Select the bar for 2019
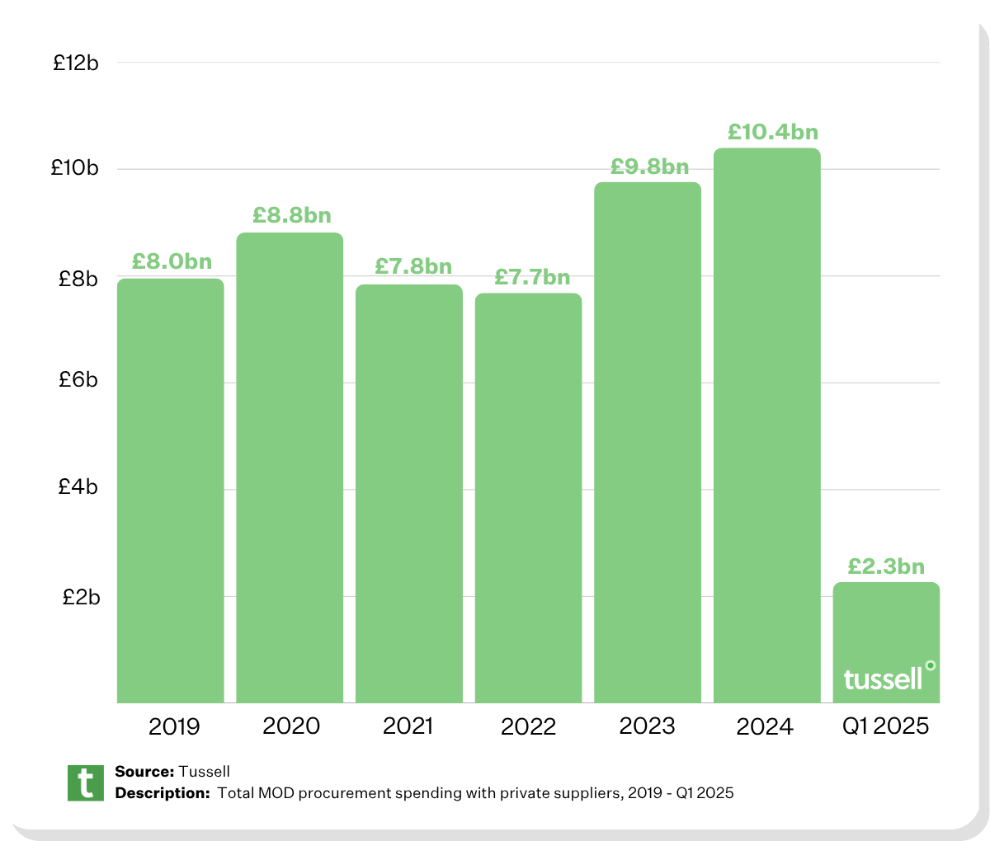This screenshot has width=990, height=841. click(x=171, y=491)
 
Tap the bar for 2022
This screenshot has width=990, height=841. click(x=528, y=498)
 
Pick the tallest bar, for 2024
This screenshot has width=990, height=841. click(x=766, y=425)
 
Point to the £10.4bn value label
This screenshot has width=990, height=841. click(x=773, y=132)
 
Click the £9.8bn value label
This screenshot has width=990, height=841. click(x=650, y=167)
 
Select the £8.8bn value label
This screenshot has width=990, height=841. click(x=292, y=215)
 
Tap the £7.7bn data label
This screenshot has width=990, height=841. click(x=532, y=277)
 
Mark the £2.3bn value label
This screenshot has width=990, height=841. click(x=886, y=566)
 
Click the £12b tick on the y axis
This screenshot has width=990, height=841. click(x=76, y=63)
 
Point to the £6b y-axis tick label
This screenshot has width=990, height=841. click(x=78, y=379)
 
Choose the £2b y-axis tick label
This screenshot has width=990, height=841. click(x=81, y=596)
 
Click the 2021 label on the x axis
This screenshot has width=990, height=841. click(x=408, y=726)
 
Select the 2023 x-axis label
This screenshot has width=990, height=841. click(x=647, y=726)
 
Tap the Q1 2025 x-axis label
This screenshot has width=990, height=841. click(x=885, y=726)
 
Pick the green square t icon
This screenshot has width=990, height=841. click(x=86, y=782)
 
